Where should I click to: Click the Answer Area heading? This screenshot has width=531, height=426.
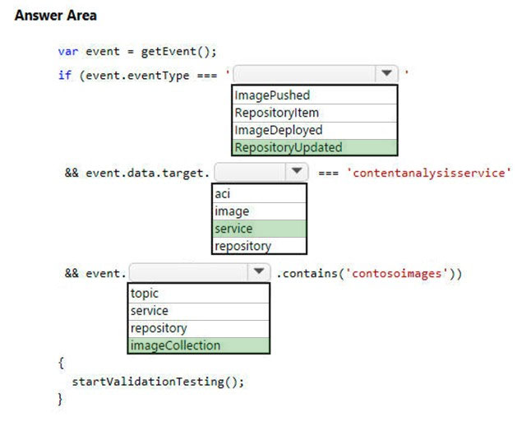point(56,16)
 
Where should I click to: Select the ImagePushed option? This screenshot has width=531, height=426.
point(272,95)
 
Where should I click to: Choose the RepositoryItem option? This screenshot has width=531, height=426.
point(277,113)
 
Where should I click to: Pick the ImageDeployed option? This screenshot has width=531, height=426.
point(279,130)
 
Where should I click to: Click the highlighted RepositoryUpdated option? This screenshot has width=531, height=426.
point(289,147)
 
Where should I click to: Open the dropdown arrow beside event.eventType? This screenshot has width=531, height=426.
point(386,73)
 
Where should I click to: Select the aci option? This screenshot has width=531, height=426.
point(222,194)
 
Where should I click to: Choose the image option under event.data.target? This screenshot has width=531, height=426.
point(232,211)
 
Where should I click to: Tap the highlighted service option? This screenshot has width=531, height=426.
point(233,229)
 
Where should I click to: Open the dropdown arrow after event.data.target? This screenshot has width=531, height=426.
point(297,171)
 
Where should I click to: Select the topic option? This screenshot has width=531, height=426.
point(145,294)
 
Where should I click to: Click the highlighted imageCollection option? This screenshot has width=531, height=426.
point(175,345)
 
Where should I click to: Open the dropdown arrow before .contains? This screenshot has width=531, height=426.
point(259,271)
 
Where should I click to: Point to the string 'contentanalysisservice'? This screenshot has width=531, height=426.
point(429,173)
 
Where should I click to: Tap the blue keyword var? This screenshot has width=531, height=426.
point(68,52)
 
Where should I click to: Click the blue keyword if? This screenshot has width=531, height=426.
point(65,75)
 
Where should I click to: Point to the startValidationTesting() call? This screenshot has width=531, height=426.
point(158,382)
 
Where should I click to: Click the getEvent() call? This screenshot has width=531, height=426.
point(178,52)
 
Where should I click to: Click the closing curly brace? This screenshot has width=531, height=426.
point(60,399)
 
